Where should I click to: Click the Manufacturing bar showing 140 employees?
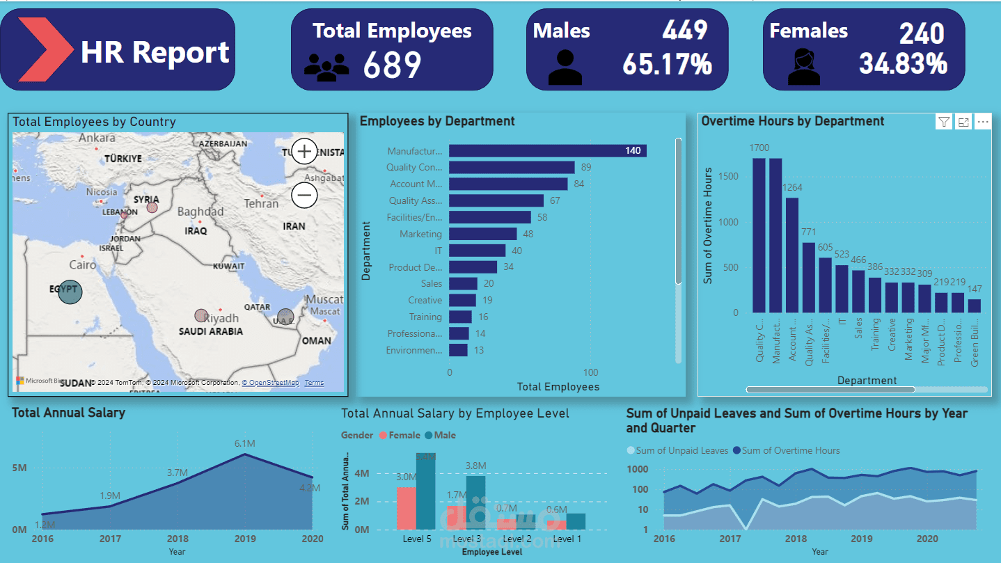pos(547,151)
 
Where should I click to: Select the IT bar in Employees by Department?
pos(477,251)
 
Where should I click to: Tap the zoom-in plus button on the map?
pos(304,151)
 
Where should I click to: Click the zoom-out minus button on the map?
pos(304,195)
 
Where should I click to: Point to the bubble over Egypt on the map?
pos(70,292)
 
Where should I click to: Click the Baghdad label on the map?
pos(200,212)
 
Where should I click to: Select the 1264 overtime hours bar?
pos(792,255)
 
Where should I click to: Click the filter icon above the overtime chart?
pos(943,122)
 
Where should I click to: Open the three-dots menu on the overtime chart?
pos(982,122)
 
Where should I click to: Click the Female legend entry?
pos(401,436)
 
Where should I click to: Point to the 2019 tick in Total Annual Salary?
pos(244,539)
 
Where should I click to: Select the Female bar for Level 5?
pos(406,508)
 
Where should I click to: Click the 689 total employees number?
pos(392,65)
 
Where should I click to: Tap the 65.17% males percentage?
pos(667,64)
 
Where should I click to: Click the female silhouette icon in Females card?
pos(804,67)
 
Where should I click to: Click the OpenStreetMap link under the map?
pos(270,383)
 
